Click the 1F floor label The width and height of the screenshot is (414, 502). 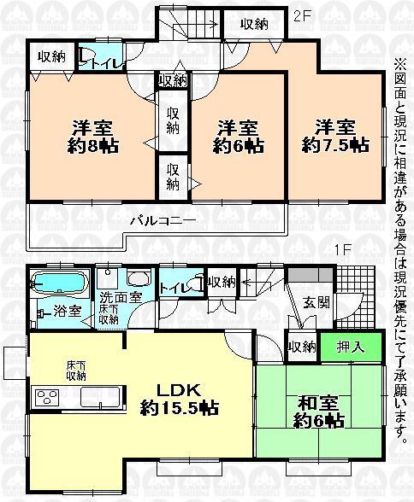pos(343,252)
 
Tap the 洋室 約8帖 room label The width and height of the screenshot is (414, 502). pos(94,136)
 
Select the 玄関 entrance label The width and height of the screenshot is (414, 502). pos(316,302)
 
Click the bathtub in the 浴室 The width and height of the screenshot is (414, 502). pos(58,283)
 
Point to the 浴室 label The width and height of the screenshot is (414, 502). pos(68,311)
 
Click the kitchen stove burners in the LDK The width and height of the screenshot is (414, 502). pos(44,396)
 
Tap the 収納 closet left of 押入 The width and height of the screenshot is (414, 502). pos(301,347)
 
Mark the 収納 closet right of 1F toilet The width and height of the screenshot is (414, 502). pos(222,283)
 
